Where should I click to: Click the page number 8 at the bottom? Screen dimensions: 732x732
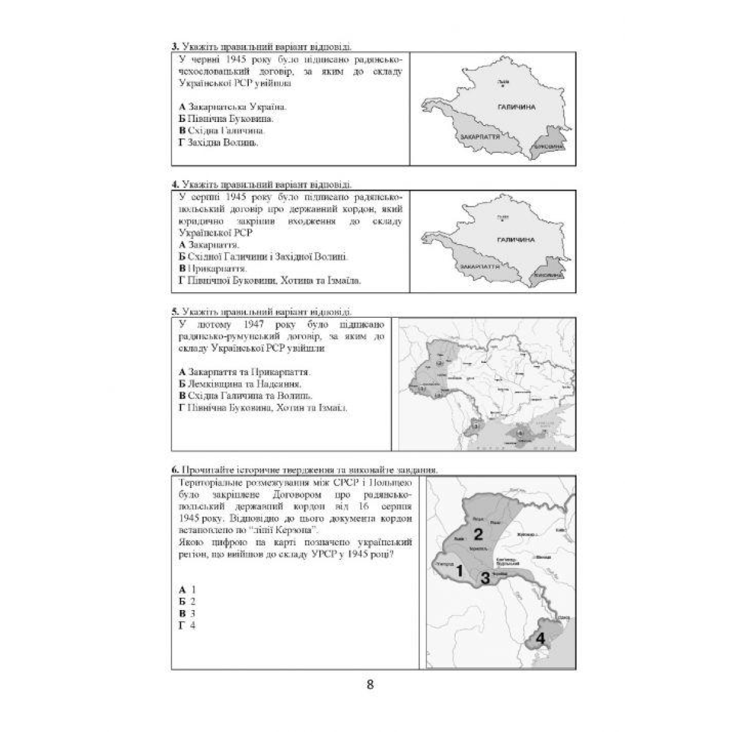[370, 684]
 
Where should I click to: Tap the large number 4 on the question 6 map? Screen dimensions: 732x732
[539, 639]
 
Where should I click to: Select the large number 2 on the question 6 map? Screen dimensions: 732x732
[478, 535]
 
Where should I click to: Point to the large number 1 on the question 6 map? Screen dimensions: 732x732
[460, 570]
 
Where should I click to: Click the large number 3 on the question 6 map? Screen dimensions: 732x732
[485, 578]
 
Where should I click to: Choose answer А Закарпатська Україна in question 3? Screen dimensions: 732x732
[232, 107]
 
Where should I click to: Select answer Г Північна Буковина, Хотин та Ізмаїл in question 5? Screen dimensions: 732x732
[263, 407]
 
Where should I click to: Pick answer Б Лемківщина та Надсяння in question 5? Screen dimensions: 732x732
[240, 384]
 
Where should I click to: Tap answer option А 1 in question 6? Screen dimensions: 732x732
[187, 590]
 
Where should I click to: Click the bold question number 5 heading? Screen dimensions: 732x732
[174, 311]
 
